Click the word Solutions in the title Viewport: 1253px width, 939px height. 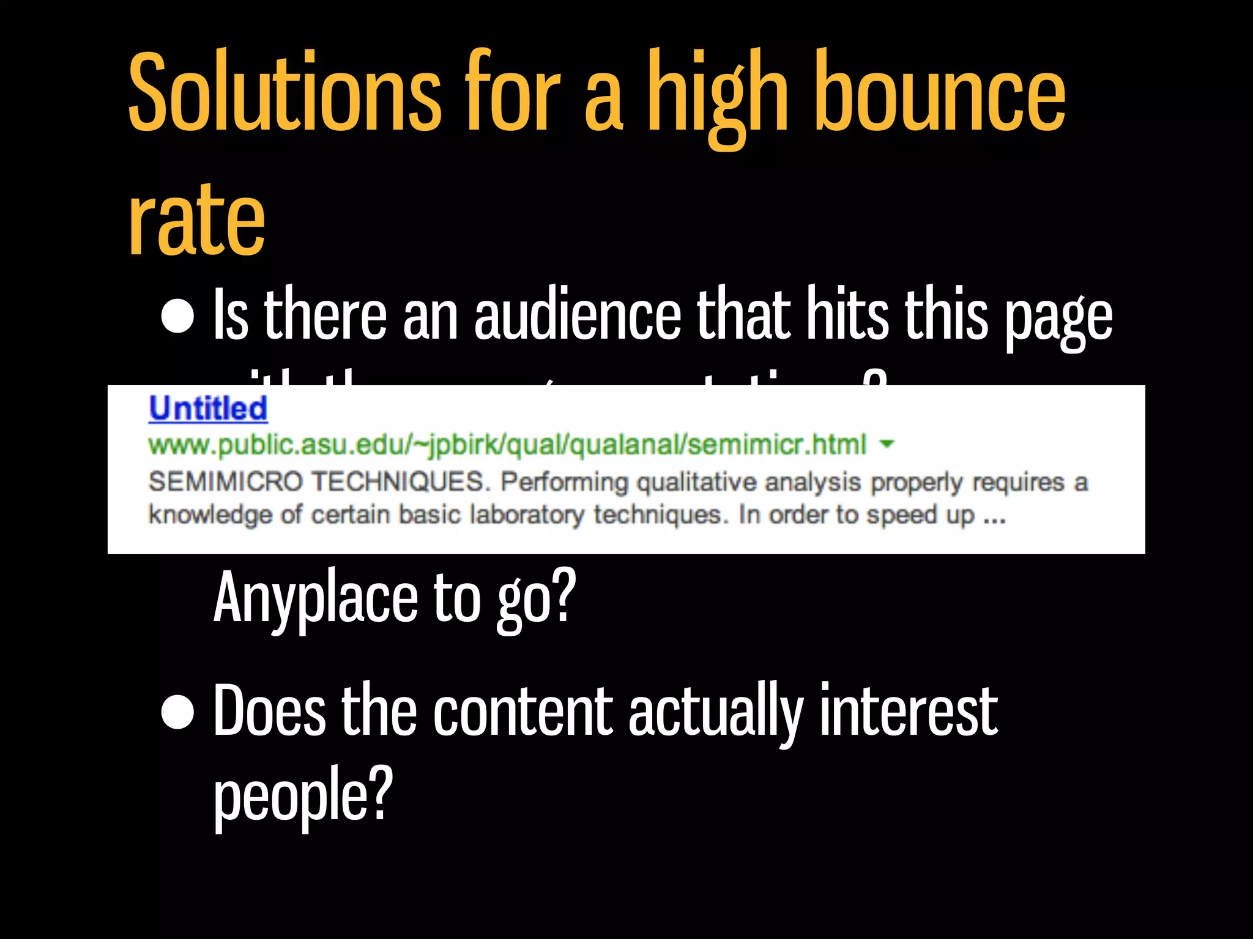(284, 92)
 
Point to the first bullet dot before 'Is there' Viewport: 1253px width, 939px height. (177, 317)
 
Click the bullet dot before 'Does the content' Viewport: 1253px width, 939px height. (177, 712)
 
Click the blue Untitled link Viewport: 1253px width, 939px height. (208, 408)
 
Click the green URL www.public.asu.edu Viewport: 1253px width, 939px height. (507, 444)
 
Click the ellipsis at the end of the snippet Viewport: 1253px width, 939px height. (994, 517)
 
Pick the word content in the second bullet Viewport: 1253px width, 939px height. (522, 712)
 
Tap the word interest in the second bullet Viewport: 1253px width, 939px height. (909, 712)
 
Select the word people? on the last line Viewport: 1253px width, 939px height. (303, 795)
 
